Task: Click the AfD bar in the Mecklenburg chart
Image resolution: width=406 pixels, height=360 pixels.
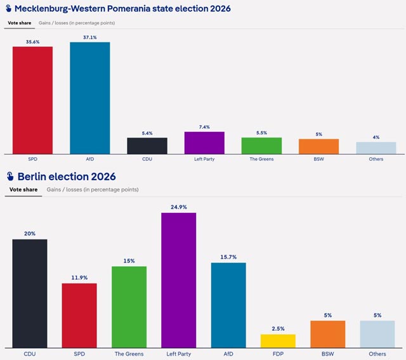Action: point(90,98)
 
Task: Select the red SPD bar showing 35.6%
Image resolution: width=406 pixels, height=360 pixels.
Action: point(32,100)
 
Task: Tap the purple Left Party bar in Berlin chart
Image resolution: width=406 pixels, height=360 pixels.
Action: point(179,280)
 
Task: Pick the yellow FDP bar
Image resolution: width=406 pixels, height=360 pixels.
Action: point(278,341)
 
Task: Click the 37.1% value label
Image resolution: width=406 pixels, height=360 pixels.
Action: point(90,37)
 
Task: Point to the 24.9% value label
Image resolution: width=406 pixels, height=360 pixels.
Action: point(179,207)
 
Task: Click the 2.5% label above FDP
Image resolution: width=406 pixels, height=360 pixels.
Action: point(278,329)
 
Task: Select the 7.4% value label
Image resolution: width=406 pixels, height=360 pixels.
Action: point(204,127)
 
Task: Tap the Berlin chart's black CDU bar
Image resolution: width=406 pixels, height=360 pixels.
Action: point(30,293)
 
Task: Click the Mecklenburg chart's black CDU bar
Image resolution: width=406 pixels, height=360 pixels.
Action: point(147,146)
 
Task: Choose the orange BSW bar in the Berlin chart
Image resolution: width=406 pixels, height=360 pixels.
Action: point(328,334)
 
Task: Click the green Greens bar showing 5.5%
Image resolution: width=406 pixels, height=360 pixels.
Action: point(261,146)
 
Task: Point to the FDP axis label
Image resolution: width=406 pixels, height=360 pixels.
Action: point(278,354)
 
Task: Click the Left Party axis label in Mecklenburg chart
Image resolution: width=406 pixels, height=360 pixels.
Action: point(204,159)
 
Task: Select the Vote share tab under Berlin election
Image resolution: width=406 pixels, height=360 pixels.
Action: point(23,190)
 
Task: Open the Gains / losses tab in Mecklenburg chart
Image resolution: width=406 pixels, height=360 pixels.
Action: point(77,23)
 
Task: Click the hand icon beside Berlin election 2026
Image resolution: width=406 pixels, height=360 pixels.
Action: point(10,176)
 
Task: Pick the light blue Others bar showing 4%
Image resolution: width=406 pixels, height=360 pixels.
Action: point(376,148)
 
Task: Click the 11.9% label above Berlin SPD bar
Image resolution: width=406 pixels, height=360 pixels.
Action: point(79,278)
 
